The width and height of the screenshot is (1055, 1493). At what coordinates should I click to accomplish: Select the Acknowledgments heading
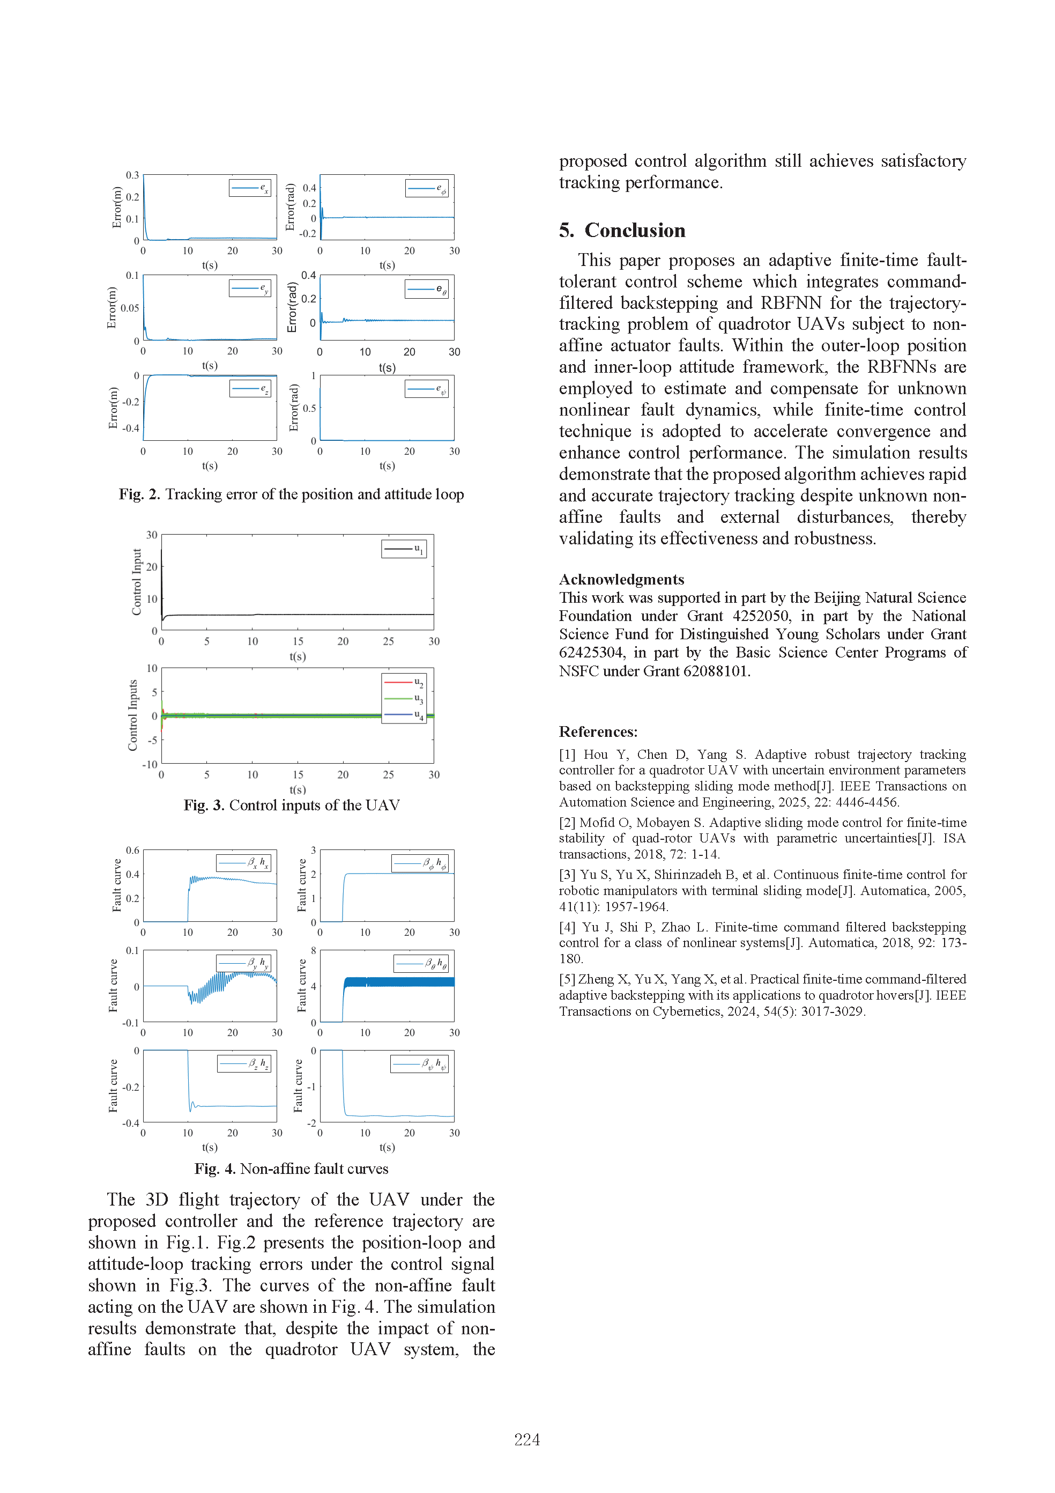[x=621, y=579]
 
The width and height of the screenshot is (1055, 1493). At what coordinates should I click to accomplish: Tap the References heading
[x=598, y=731]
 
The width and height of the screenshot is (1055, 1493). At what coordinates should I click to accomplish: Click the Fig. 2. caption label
[x=139, y=494]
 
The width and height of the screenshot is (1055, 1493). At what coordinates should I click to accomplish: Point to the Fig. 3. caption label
[x=204, y=805]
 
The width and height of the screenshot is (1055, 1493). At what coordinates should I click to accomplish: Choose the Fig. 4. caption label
[x=214, y=1169]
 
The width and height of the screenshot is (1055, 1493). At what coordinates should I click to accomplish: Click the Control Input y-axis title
[x=137, y=582]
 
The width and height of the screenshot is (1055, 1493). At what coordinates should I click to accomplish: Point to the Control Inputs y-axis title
[x=133, y=715]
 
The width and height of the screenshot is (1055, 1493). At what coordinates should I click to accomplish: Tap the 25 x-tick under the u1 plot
[x=388, y=641]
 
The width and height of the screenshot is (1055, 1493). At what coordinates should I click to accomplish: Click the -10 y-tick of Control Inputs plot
[x=150, y=765]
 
